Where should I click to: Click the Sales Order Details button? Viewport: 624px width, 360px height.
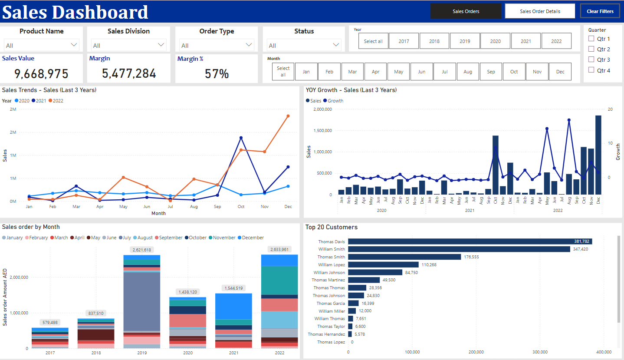click(x=540, y=11)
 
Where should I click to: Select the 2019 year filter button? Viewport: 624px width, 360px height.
click(x=465, y=41)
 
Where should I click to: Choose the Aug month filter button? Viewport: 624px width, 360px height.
click(x=467, y=72)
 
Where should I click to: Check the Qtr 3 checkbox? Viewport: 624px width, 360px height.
click(x=591, y=59)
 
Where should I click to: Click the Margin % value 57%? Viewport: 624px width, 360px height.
click(x=217, y=74)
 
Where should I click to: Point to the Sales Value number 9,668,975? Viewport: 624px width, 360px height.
click(x=42, y=74)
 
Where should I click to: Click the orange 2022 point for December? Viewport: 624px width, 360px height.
click(x=288, y=116)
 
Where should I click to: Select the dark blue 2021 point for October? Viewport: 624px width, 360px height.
click(x=241, y=138)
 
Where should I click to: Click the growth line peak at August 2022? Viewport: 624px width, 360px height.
click(x=569, y=120)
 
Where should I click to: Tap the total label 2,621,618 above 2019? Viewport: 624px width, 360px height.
click(x=141, y=250)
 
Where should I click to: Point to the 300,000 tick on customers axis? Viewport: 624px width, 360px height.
click(x=540, y=352)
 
